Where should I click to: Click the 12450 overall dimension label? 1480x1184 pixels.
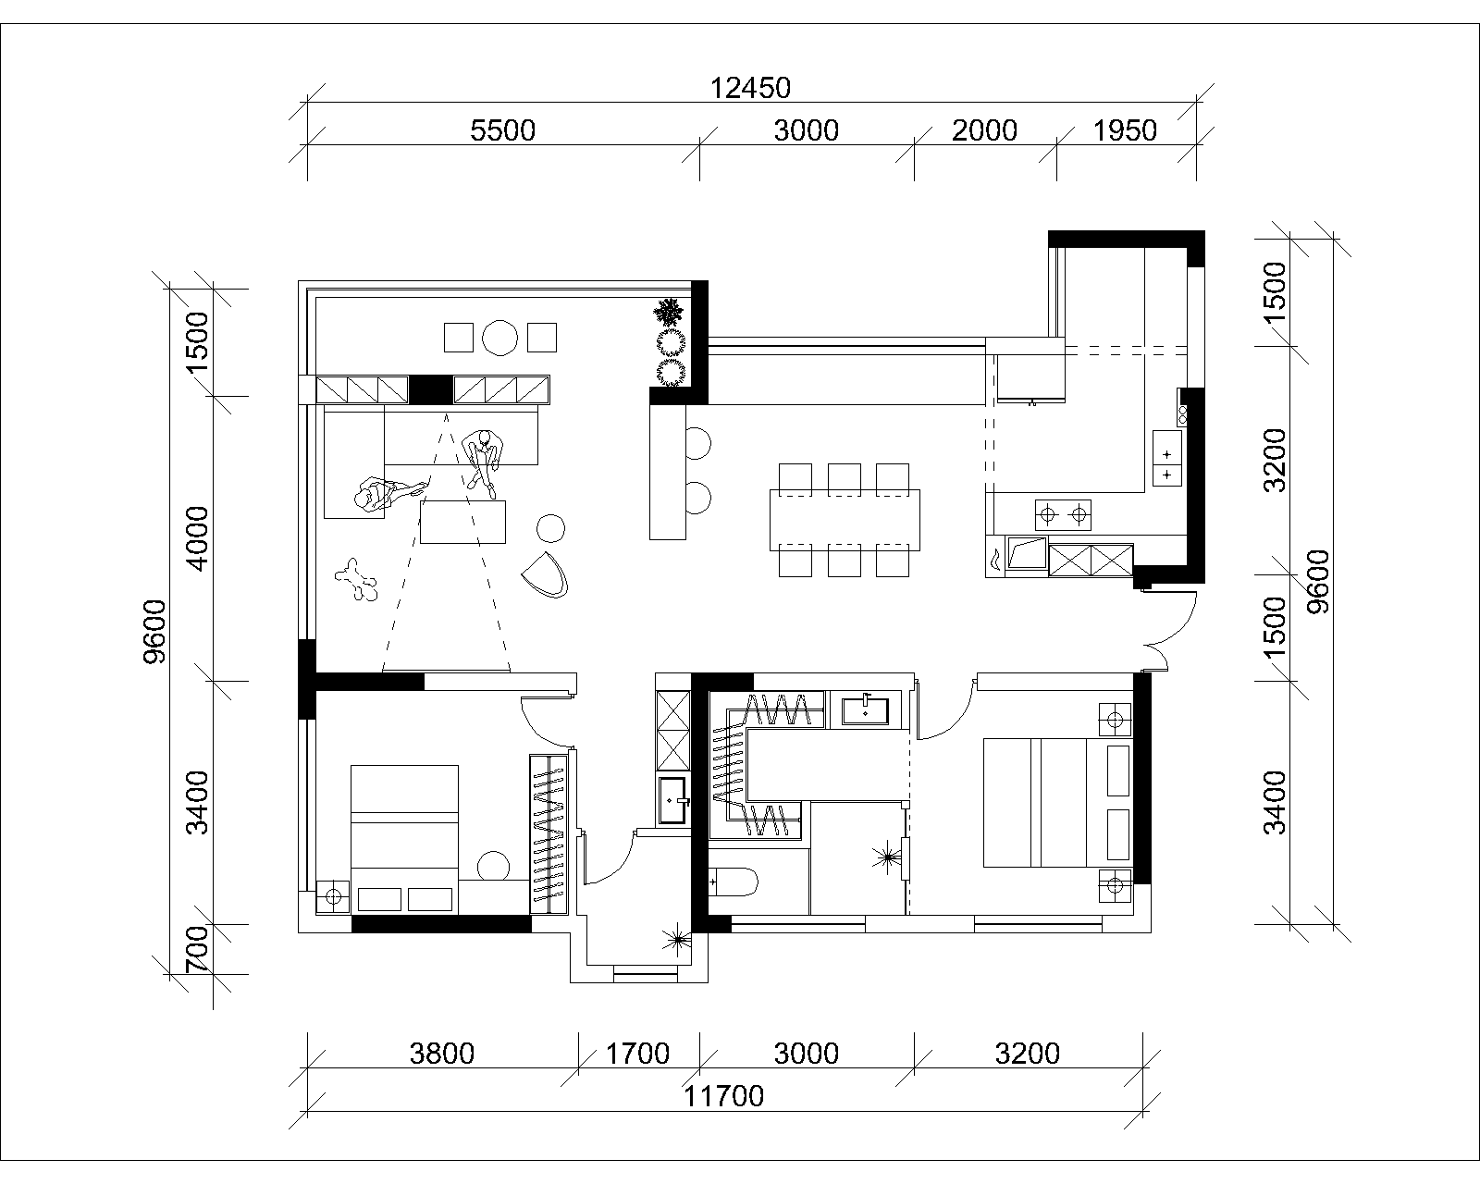[x=750, y=88]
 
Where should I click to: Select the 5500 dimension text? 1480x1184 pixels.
[x=502, y=130]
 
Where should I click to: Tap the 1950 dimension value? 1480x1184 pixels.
[x=1125, y=130]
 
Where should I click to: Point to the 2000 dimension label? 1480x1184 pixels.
[x=984, y=130]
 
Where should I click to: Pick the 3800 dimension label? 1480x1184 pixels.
[x=442, y=1054]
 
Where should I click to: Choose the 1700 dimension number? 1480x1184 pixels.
[x=637, y=1054]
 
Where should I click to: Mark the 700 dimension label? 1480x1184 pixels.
[x=197, y=950]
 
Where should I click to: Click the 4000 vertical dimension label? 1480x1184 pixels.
[x=197, y=538]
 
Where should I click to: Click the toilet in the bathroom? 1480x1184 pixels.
[x=734, y=882]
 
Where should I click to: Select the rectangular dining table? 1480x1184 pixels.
[x=845, y=520]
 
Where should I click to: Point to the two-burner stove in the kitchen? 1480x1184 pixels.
[x=1063, y=514]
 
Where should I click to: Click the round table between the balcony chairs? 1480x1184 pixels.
[x=500, y=338]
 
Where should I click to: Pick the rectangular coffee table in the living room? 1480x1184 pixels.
[x=462, y=523]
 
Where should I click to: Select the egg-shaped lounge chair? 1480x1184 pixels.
[x=546, y=574]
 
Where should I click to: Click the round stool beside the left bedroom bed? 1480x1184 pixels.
[x=493, y=867]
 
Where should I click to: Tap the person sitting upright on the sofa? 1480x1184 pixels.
[x=484, y=460]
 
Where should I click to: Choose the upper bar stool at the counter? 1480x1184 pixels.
[x=697, y=443]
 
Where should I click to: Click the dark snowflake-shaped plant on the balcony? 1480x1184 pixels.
[x=669, y=313]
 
